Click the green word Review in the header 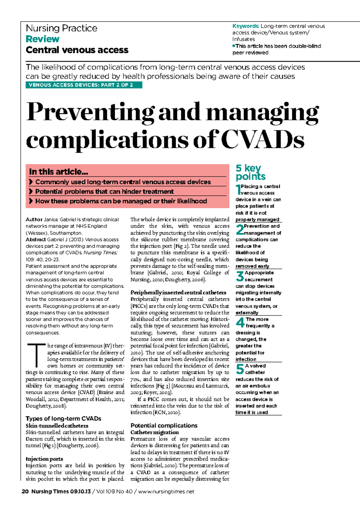pos(43,39)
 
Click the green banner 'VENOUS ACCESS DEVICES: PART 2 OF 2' pos(84,85)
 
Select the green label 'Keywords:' pos(246,26)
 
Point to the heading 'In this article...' pos(58,172)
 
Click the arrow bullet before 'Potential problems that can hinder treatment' pos(31,191)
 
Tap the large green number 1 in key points pos(238,189)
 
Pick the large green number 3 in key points pos(240,276)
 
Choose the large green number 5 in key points pos(240,369)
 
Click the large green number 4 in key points pos(240,323)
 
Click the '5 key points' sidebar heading pos(250,172)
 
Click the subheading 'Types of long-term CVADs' pos(63,418)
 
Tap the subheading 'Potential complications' pos(164,425)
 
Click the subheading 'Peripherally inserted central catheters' pos(178,292)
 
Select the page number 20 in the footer pos(25,491)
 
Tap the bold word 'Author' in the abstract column pos(34,219)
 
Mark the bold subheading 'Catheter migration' pos(154,432)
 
